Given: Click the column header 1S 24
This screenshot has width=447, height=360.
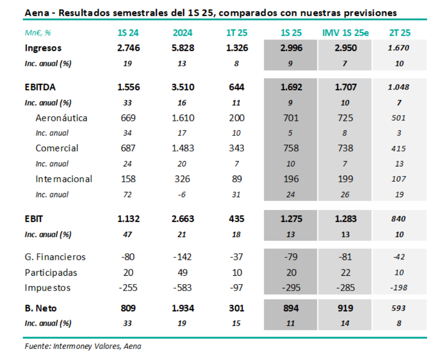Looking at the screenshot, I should pyautogui.click(x=128, y=33).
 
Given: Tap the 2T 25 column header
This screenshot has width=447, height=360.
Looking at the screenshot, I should pyautogui.click(x=400, y=33).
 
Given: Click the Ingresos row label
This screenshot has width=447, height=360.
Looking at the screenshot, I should pyautogui.click(x=43, y=48).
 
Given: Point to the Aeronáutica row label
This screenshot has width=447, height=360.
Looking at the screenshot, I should pyautogui.click(x=61, y=118).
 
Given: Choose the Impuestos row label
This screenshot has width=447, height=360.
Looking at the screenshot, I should pyautogui.click(x=48, y=288).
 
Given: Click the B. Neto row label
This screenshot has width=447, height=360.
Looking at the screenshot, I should pyautogui.click(x=41, y=308).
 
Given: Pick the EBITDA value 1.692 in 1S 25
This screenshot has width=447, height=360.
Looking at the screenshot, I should pyautogui.click(x=291, y=87).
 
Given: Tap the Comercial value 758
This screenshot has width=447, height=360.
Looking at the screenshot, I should pyautogui.click(x=291, y=148).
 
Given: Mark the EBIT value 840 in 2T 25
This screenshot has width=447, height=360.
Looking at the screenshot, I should pyautogui.click(x=399, y=219).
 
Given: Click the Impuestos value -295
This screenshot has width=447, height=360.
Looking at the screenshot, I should pyautogui.click(x=291, y=288).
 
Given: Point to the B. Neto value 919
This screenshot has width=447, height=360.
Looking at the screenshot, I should pyautogui.click(x=345, y=308).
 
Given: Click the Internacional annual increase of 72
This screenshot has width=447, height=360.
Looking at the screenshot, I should pyautogui.click(x=128, y=194).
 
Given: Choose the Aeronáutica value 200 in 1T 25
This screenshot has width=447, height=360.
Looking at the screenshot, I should pyautogui.click(x=237, y=118).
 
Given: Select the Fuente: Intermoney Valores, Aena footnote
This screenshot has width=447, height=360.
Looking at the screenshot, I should pyautogui.click(x=83, y=346).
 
